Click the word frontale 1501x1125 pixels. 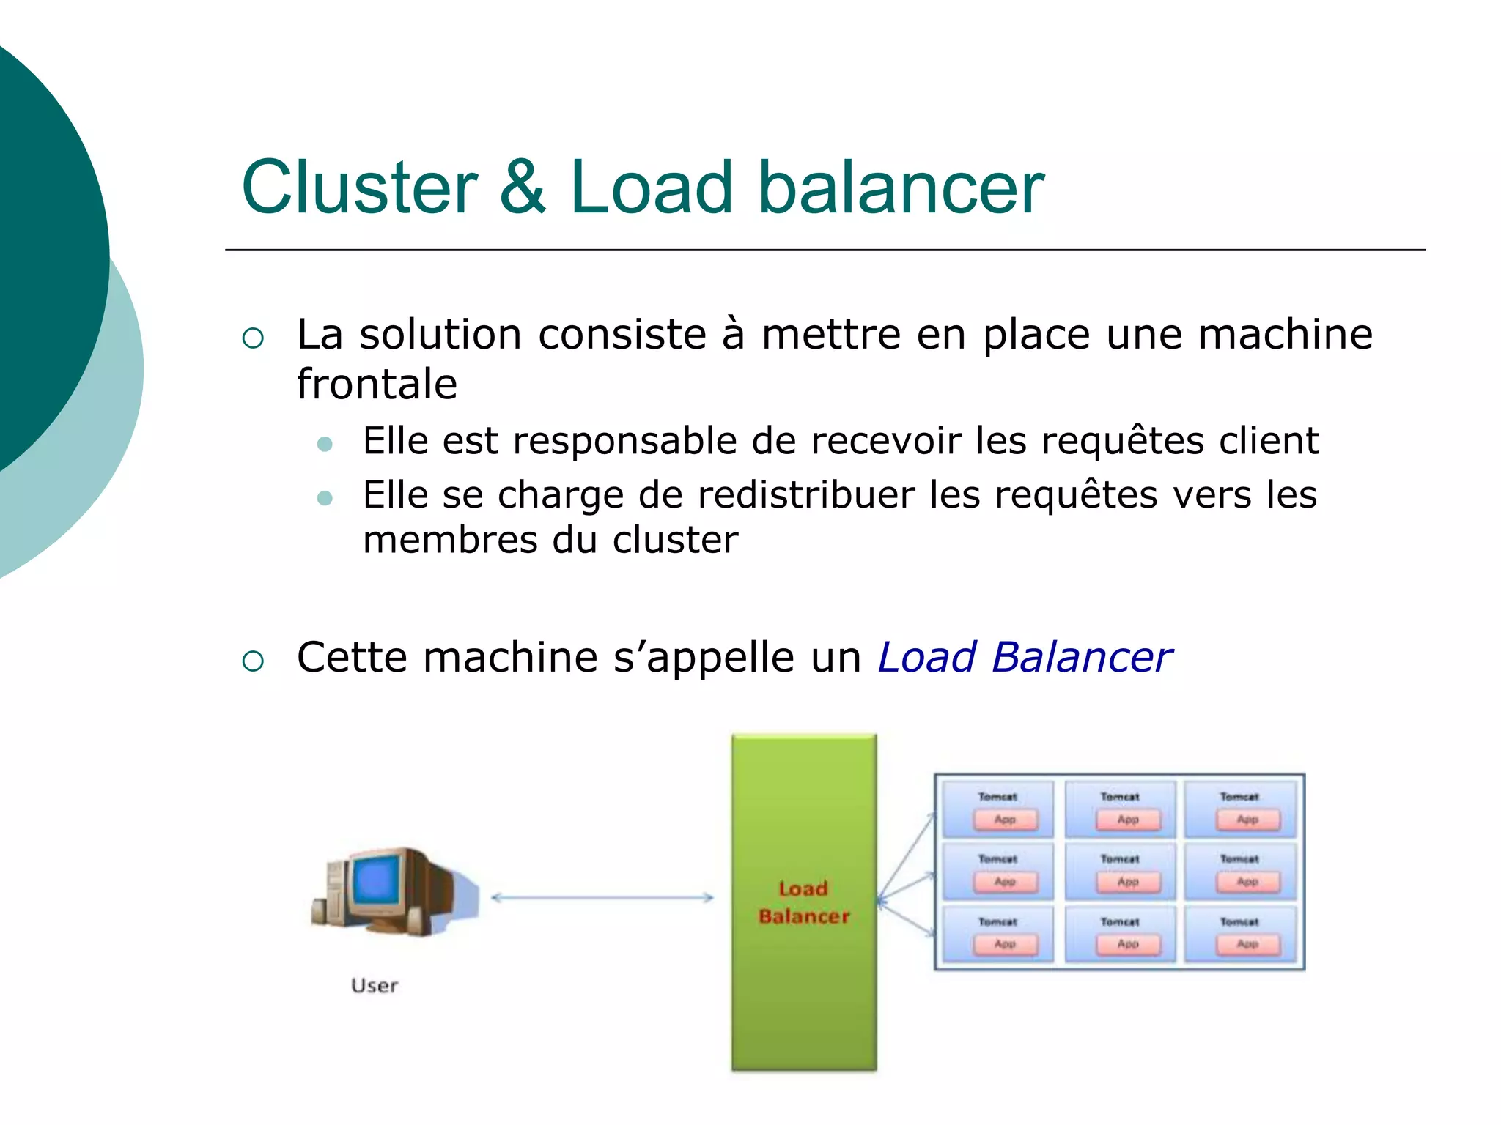(x=377, y=384)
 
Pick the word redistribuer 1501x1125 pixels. (x=806, y=495)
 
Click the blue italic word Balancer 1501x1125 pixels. (x=1082, y=657)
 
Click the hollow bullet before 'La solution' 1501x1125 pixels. (x=253, y=338)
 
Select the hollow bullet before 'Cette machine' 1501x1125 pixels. (x=253, y=661)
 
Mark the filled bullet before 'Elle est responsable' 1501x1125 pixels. (x=325, y=445)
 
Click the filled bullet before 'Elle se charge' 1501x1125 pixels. (x=325, y=499)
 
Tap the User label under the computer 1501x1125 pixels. (x=375, y=986)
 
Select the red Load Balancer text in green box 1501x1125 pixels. (x=804, y=902)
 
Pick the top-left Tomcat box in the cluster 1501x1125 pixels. (x=997, y=809)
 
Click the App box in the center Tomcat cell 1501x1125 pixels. (x=1128, y=882)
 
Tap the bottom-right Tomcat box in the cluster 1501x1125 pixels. (x=1240, y=934)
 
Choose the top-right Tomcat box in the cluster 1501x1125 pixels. (x=1240, y=809)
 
